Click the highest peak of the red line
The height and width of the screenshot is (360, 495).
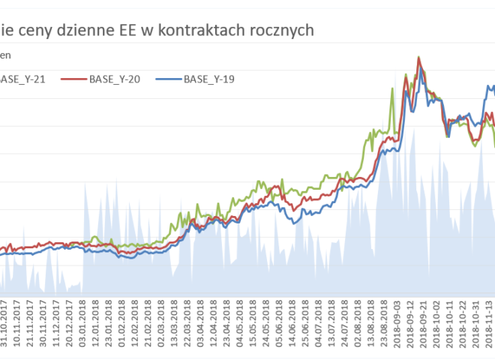[418, 58]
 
